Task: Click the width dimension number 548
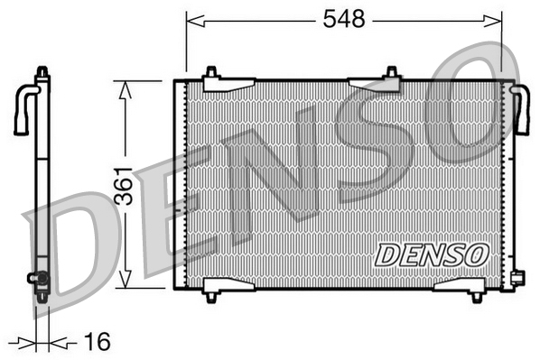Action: click(x=344, y=19)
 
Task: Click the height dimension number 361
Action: click(x=124, y=186)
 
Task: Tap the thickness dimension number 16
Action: click(x=98, y=341)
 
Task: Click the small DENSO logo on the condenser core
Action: click(x=432, y=254)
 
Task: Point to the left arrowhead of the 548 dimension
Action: click(x=195, y=21)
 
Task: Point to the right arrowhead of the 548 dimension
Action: click(x=493, y=21)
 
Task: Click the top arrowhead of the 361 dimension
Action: click(x=125, y=90)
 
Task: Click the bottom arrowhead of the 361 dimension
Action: click(x=125, y=279)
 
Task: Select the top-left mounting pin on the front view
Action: click(x=211, y=72)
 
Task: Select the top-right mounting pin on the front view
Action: click(x=392, y=72)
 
